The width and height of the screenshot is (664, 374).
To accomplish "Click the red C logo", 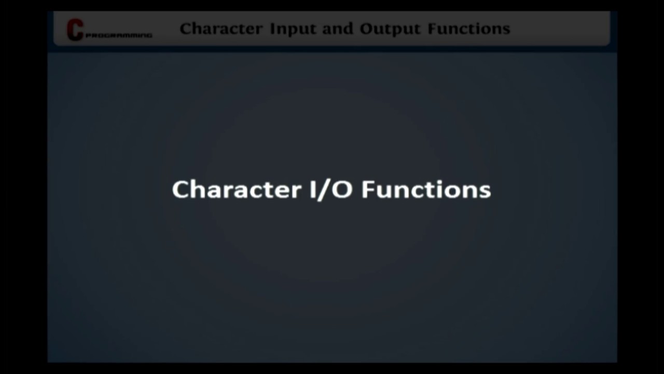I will click(75, 30).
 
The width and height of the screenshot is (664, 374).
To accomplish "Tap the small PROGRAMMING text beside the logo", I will click(119, 36).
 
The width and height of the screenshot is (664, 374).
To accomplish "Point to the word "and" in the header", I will click(338, 29).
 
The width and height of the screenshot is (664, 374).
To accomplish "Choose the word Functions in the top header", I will click(469, 29).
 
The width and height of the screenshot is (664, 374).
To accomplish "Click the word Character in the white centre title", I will click(236, 190).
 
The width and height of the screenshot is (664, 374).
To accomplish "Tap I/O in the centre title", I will click(331, 190).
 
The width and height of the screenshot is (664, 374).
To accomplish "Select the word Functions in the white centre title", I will click(426, 190).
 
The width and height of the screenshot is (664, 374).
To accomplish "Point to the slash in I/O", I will click(326, 190).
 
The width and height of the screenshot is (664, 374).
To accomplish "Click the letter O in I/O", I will click(342, 190).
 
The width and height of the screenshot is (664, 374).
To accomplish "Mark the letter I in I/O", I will click(313, 190).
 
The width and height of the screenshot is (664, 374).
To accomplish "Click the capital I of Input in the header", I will click(273, 29).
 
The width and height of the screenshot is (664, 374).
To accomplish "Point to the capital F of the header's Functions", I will click(432, 29).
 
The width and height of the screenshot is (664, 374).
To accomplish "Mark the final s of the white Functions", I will click(486, 191).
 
